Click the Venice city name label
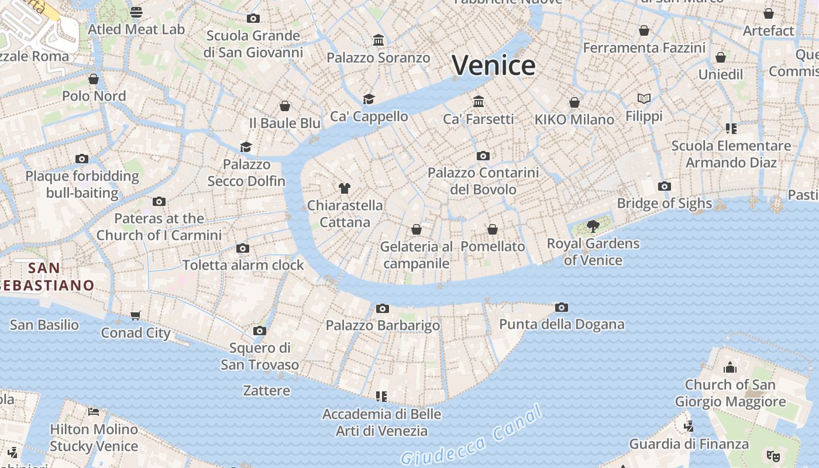[493, 65]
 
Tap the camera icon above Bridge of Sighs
[664, 186]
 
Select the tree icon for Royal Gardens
[593, 226]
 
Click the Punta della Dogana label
[561, 324]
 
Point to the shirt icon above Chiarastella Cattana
[345, 188]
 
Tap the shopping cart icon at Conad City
[135, 316]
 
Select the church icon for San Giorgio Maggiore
[729, 367]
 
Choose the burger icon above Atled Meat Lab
[136, 12]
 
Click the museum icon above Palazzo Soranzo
[378, 40]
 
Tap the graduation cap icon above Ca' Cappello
[369, 99]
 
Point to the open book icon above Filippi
[644, 98]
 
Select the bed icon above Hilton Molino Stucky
[94, 411]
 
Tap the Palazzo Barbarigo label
[383, 325]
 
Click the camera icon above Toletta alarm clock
[243, 248]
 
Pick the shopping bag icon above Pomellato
[493, 229]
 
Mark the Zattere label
[266, 390]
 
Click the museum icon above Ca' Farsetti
[479, 101]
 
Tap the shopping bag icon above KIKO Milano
[574, 102]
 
